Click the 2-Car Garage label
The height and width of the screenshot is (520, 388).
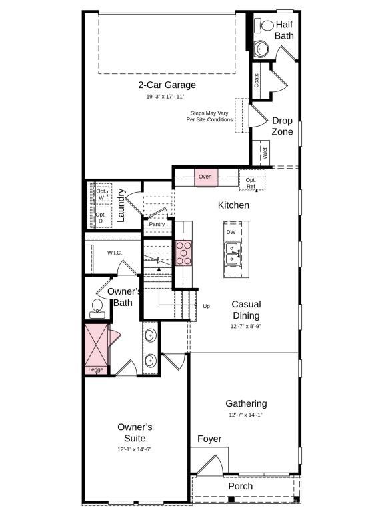167,85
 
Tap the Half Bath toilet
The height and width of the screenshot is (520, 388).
267,26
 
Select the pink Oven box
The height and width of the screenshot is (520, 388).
205,177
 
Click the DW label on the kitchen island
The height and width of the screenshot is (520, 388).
231,232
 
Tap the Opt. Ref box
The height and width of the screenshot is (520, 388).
251,182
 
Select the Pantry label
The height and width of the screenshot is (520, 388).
157,224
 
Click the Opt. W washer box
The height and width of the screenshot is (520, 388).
101,195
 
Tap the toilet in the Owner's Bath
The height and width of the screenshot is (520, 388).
97,307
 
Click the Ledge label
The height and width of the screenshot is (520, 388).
95,369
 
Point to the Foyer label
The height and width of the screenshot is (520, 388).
209,439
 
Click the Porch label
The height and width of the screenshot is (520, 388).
241,486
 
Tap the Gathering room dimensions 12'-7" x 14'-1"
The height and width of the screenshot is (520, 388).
246,415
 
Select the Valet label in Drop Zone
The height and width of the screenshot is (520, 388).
265,153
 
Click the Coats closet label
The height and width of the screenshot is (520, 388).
257,80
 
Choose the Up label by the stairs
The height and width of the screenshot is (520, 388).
207,306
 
